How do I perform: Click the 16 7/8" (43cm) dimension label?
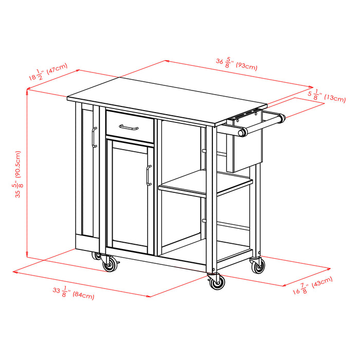click(x=313, y=285)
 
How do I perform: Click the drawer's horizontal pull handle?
click(x=129, y=126)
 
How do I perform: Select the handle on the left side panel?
click(x=94, y=138)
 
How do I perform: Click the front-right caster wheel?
click(x=217, y=282)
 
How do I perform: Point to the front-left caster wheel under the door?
click(x=110, y=265)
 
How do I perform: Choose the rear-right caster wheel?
click(x=258, y=265)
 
